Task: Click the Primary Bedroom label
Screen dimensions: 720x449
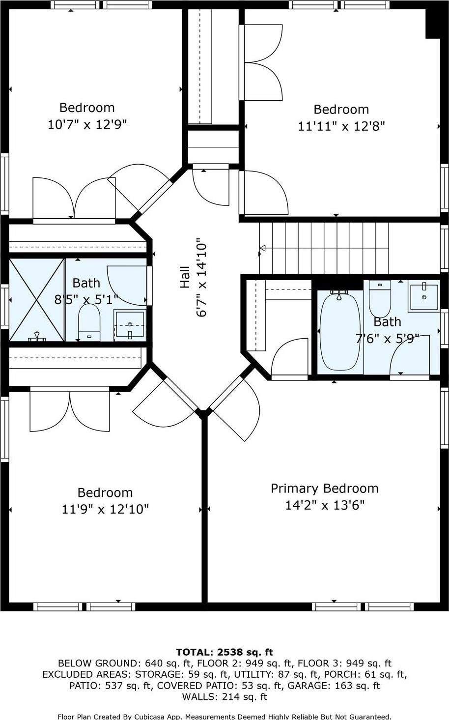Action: tap(324, 488)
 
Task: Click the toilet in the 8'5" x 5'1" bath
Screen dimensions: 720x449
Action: tap(89, 322)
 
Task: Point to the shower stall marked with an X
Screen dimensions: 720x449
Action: tap(37, 300)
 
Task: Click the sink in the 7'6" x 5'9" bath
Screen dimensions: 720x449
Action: tap(424, 297)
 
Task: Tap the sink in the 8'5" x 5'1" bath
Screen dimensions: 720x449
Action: tap(130, 324)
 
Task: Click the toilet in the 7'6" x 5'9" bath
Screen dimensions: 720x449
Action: tap(379, 299)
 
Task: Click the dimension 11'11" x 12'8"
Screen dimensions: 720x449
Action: tap(341, 126)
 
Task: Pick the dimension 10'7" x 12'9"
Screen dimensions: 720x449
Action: tap(87, 124)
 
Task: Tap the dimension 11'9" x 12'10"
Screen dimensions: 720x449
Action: tap(105, 509)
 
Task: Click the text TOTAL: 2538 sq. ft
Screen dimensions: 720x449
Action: tap(224, 652)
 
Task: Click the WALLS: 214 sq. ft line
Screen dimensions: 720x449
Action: tap(224, 696)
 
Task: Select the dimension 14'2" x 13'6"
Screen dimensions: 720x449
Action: tap(324, 505)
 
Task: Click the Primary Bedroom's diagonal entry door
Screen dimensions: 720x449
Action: tap(234, 408)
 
